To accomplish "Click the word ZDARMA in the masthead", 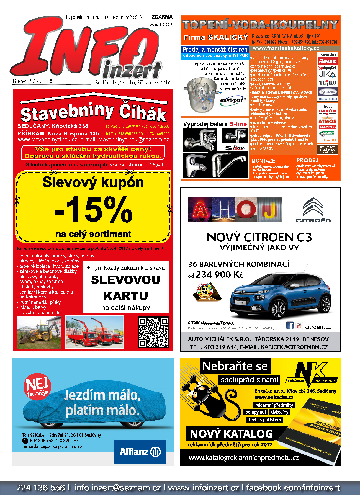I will click(x=162, y=17).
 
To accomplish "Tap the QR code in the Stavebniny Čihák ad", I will click(x=153, y=332).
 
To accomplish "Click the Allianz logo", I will click(x=140, y=452).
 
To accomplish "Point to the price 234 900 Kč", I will click(x=219, y=275).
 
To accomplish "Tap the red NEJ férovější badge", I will click(x=37, y=387).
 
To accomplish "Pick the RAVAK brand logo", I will click(x=328, y=61).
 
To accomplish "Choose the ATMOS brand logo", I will click(x=327, y=121).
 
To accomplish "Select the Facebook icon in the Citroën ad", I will click(x=290, y=325).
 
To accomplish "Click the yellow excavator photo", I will click(x=39, y=333).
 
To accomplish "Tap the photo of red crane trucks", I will click(x=95, y=332).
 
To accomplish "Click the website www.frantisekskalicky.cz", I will click(x=286, y=48).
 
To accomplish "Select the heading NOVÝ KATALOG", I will click(x=231, y=434).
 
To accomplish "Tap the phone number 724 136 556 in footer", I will click(x=40, y=488).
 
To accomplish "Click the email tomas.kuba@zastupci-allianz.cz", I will click(x=52, y=446).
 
